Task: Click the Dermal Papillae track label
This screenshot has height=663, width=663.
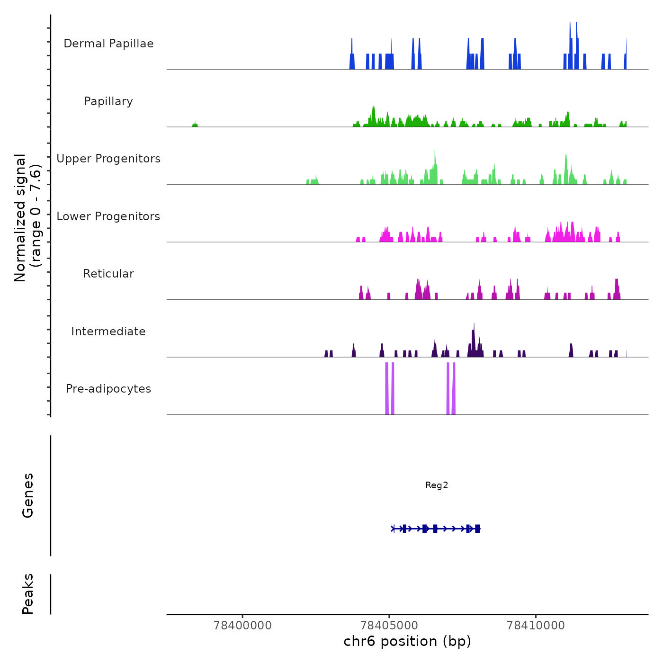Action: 108,44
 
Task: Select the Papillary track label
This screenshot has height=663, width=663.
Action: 108,101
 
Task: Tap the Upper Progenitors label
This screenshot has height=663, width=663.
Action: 108,159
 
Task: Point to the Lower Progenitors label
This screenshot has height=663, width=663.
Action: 108,216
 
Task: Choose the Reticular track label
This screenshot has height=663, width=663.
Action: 108,274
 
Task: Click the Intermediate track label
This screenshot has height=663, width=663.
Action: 108,331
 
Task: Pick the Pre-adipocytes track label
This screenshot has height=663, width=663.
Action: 108,389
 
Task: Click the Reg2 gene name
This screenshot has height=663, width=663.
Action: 437,485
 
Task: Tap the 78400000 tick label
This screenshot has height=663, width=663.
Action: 243,626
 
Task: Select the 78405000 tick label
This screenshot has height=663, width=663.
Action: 389,626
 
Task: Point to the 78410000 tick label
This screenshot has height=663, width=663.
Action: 536,626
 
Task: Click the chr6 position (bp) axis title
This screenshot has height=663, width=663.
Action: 407,642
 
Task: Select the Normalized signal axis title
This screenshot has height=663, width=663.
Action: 27,218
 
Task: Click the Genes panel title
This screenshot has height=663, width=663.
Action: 28,495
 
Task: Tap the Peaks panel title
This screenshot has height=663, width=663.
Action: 28,594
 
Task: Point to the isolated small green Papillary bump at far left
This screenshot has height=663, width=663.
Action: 195,125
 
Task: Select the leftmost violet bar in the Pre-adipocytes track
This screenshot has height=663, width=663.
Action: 387,388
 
